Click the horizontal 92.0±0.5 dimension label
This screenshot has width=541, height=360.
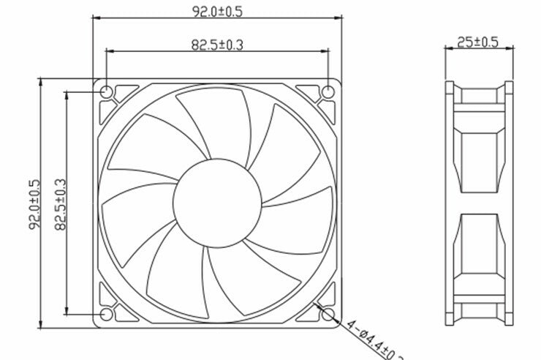point(217,12)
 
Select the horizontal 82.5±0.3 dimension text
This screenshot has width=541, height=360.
point(217,45)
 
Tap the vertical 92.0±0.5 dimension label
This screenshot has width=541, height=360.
point(34,204)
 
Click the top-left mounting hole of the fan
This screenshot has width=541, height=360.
point(106,92)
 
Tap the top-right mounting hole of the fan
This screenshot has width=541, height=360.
point(328,92)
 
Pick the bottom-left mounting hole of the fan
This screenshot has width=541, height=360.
point(106,314)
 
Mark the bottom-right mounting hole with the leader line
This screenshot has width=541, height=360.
point(328,314)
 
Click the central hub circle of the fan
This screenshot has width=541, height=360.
point(217,203)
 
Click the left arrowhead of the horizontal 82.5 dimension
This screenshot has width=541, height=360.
point(110,51)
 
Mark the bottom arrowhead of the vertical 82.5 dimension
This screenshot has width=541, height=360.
point(67,310)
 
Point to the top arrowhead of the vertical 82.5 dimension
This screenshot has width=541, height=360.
point(67,96)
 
